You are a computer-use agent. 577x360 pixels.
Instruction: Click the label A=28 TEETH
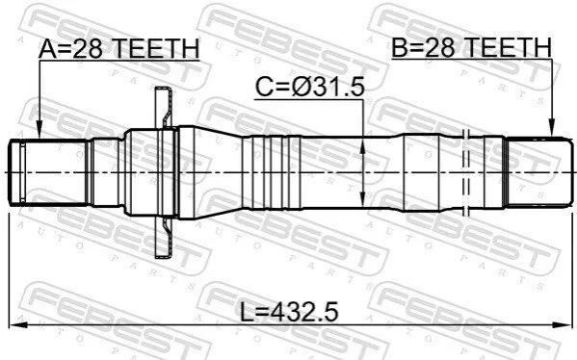point(118,48)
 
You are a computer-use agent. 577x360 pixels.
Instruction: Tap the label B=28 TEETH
point(471,48)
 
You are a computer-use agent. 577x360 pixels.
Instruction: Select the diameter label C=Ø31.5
point(310,88)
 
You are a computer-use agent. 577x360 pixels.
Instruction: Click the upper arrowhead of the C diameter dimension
point(363,145)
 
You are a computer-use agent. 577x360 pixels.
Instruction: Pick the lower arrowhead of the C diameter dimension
point(363,199)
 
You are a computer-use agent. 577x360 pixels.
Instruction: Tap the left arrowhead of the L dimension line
point(17,324)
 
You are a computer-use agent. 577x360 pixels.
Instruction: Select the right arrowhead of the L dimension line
point(564,324)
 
